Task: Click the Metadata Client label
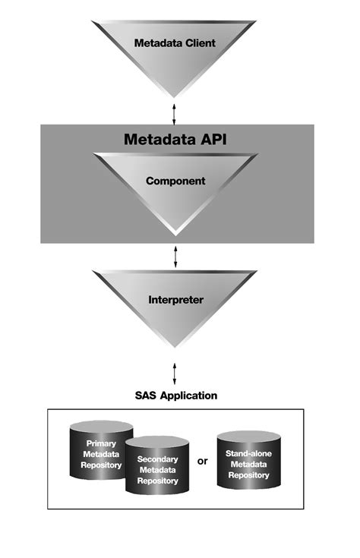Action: (175, 43)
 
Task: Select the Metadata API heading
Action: (175, 140)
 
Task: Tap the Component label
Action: (175, 182)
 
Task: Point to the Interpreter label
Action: (175, 299)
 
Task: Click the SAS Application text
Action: (175, 396)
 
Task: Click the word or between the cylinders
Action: (203, 461)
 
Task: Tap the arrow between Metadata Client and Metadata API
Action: (175, 111)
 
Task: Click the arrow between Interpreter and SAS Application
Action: (175, 371)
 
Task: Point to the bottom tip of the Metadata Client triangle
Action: (175, 96)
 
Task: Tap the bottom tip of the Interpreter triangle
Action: (175, 347)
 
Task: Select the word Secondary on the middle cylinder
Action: (158, 459)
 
